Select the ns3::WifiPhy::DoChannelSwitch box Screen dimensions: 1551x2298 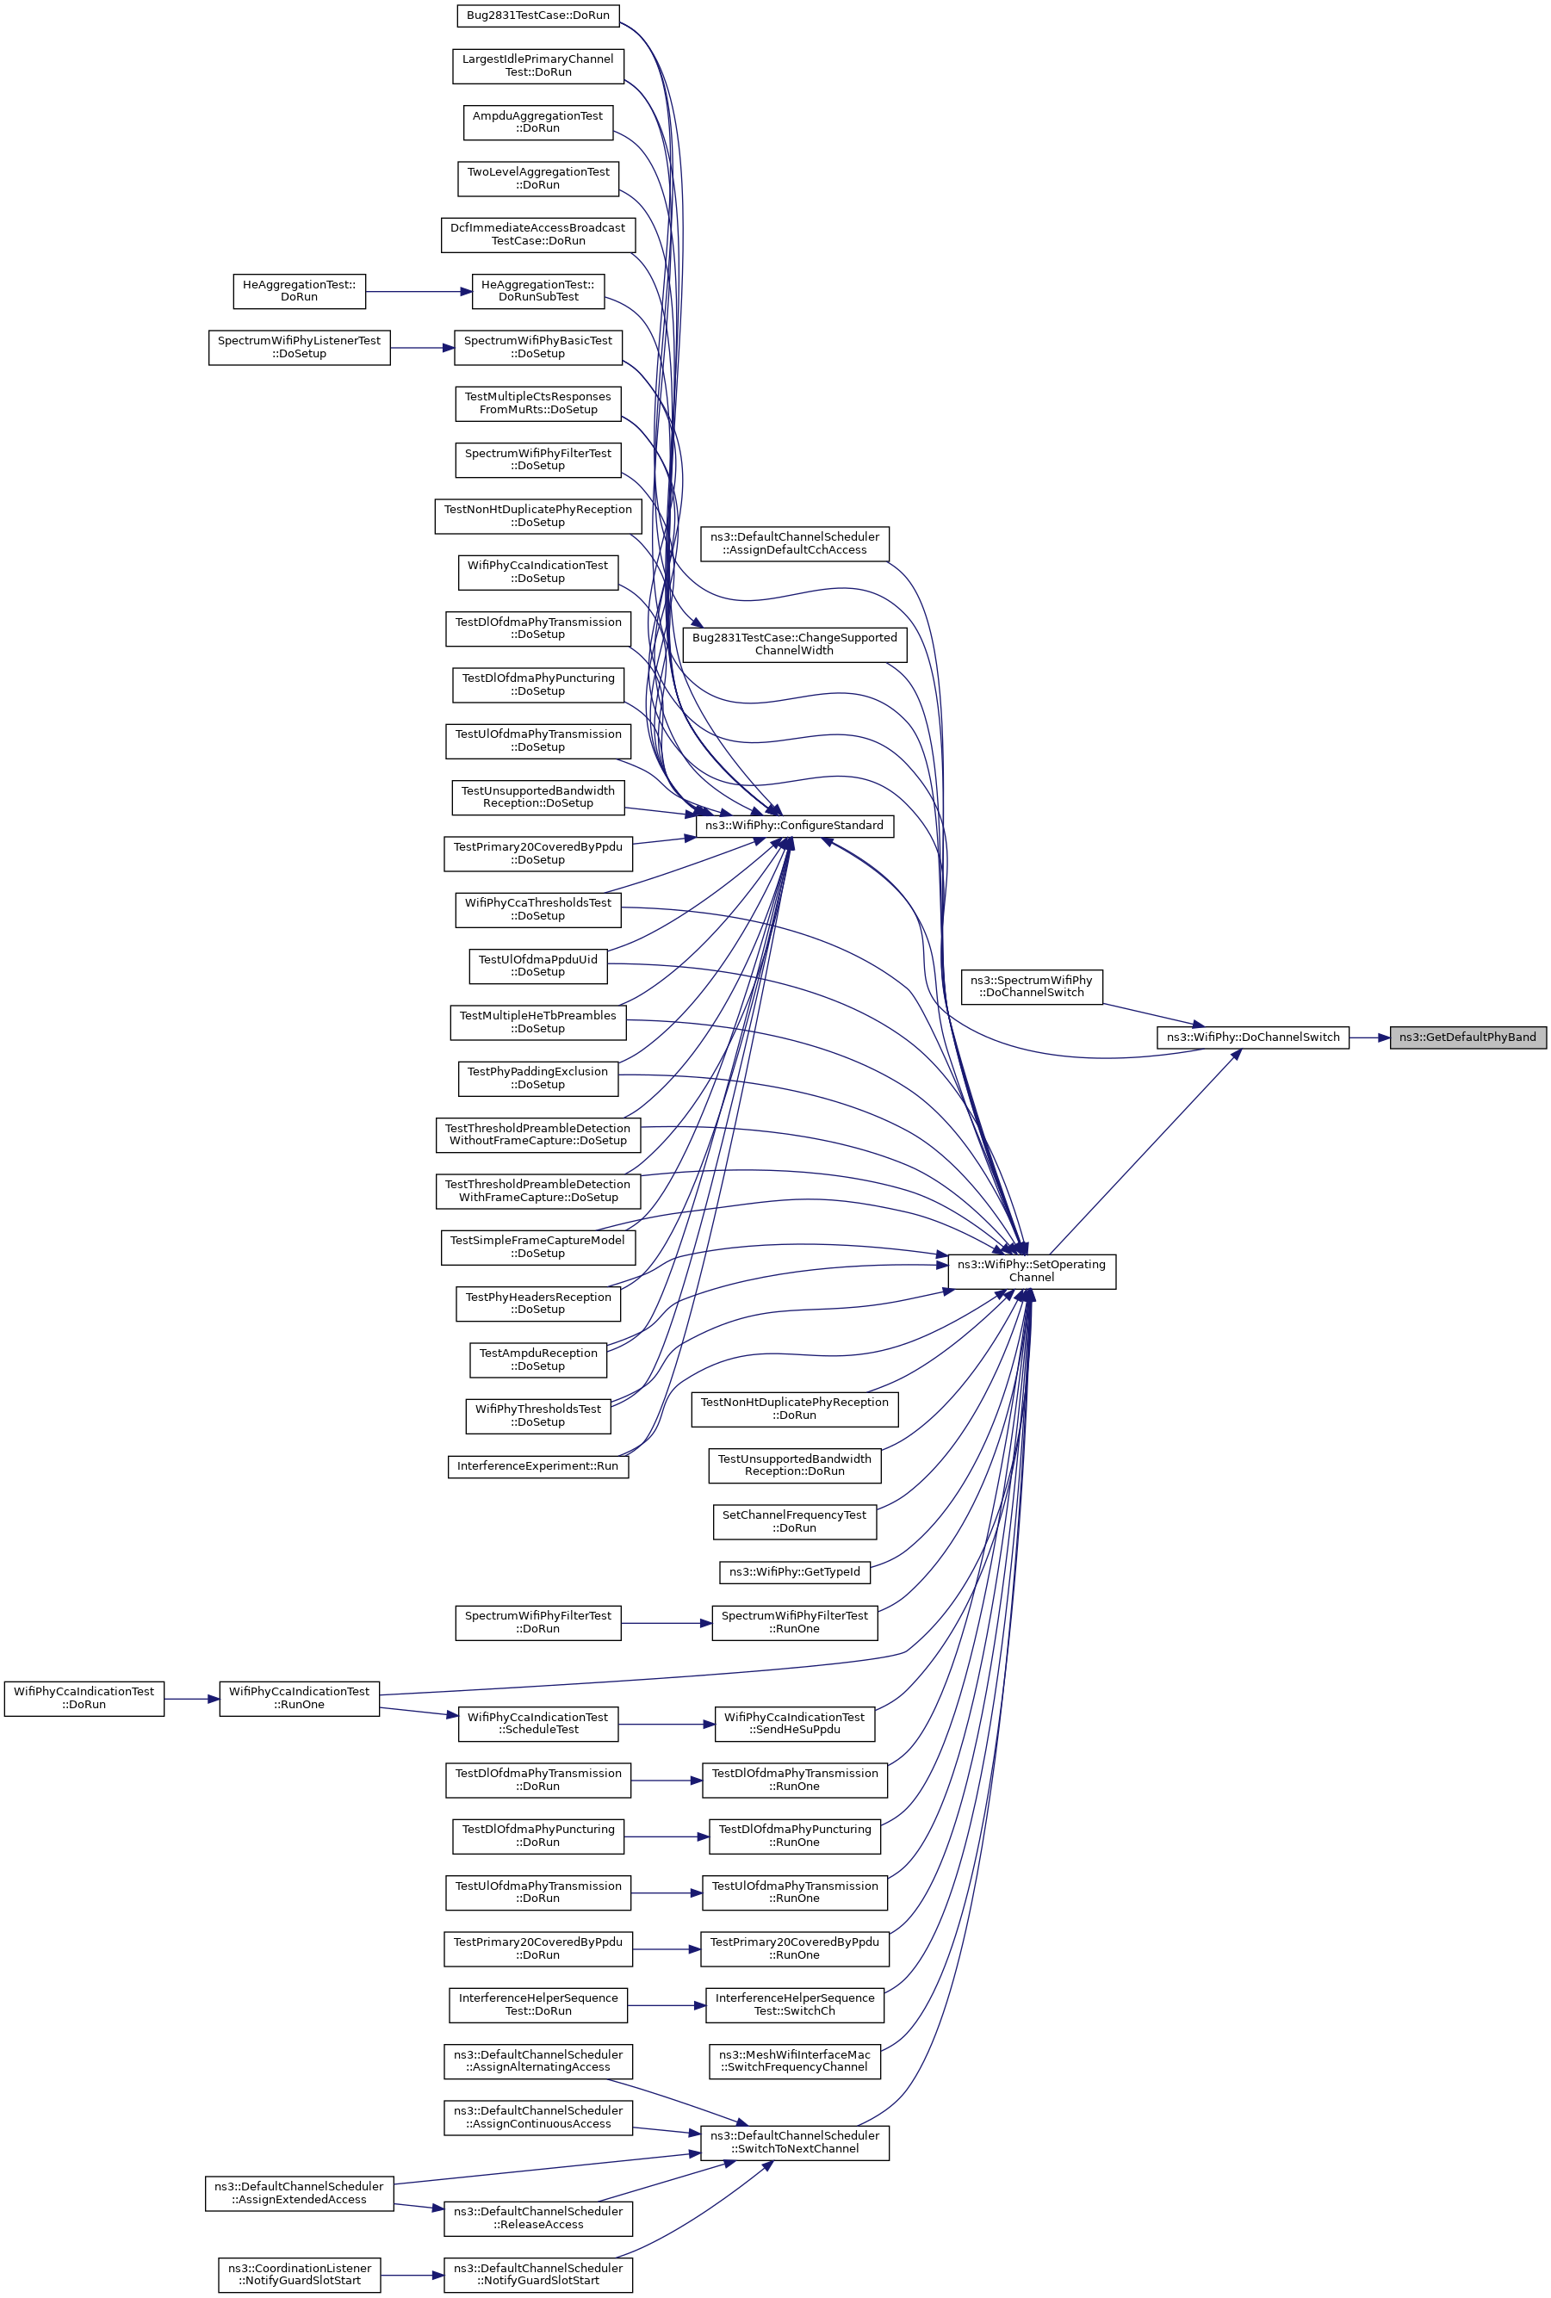click(1252, 1038)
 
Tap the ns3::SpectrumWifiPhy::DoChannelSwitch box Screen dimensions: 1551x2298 click(1032, 987)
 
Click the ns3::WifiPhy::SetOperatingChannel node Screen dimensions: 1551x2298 click(1032, 1271)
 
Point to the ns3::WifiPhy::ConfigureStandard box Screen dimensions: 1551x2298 click(794, 826)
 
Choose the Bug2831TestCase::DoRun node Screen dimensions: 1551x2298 click(538, 15)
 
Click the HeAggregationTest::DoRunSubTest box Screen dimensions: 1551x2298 click(538, 291)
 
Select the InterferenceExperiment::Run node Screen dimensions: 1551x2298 click(538, 1466)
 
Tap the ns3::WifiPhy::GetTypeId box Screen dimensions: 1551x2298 click(794, 1572)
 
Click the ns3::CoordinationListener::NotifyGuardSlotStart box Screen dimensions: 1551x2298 click(300, 2274)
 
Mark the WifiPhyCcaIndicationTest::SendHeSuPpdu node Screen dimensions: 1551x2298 click(794, 1724)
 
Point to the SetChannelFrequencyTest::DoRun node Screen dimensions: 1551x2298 click(794, 1521)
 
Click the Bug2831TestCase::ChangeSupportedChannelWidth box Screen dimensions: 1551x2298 click(794, 645)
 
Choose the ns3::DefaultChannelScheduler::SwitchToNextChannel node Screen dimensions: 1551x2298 click(794, 2142)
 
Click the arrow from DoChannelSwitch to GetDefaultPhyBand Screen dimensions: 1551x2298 click(1369, 1038)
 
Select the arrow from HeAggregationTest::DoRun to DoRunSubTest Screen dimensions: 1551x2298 click(419, 291)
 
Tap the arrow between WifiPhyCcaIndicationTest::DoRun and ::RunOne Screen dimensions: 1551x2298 click(192, 1699)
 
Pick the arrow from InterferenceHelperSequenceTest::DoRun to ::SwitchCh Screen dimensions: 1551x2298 click(666, 2005)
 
